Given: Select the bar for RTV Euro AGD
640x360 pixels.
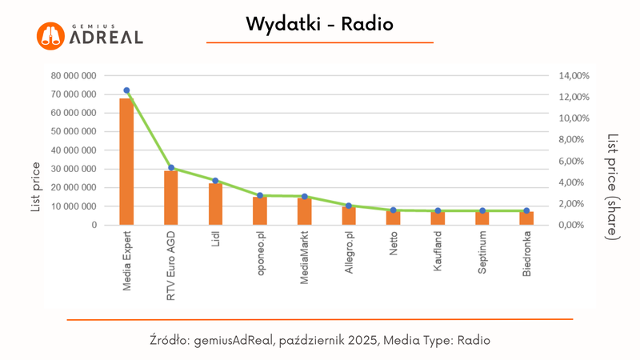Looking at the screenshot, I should pyautogui.click(x=170, y=198).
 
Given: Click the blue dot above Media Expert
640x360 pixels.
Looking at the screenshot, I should pyautogui.click(x=126, y=90).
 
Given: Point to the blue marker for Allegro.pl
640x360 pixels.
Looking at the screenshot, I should pyautogui.click(x=349, y=206).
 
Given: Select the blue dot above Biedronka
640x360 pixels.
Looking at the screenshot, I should pyautogui.click(x=526, y=210).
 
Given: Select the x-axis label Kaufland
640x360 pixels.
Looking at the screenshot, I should pyautogui.click(x=438, y=254).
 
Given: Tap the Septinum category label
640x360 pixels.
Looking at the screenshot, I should pyautogui.click(x=482, y=254).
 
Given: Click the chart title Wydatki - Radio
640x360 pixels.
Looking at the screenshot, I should pyautogui.click(x=320, y=25).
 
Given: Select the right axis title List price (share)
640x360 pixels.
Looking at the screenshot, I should pyautogui.click(x=612, y=186).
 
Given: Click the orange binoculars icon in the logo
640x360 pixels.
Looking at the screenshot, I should pyautogui.click(x=51, y=34).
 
